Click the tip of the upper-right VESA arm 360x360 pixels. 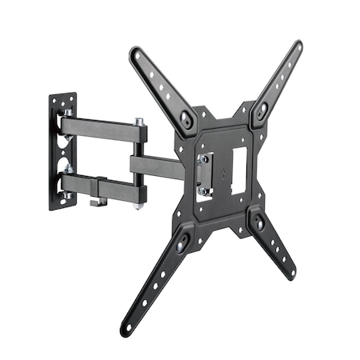[297, 46]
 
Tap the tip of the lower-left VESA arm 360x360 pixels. [126, 327]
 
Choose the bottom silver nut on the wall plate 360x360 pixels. [70, 170]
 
